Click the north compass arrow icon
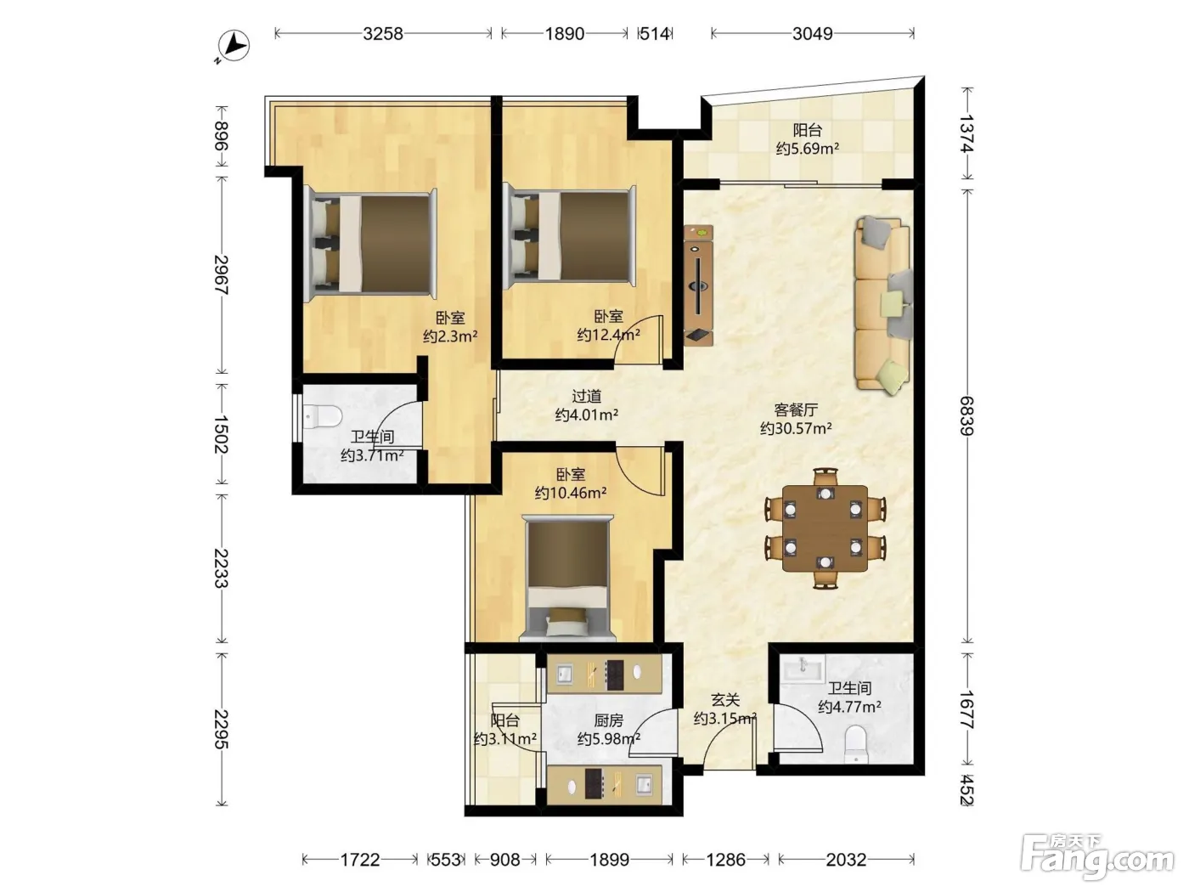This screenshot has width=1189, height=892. (x=234, y=46)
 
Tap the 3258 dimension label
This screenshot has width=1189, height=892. (x=383, y=34)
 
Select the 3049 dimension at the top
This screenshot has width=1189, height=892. (x=813, y=34)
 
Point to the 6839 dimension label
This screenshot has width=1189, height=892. (x=966, y=416)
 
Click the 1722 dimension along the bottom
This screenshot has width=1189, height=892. (x=360, y=860)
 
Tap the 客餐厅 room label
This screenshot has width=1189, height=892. (x=796, y=409)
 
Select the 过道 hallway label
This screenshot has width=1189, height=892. (x=587, y=397)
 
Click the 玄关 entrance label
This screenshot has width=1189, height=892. (x=725, y=700)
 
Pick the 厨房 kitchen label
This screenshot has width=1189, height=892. (x=609, y=720)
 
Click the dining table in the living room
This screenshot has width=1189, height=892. (x=825, y=528)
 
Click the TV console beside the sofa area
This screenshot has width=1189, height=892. (x=698, y=285)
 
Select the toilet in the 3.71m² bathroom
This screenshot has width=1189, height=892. (x=323, y=416)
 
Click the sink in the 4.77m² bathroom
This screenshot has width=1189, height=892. (x=803, y=667)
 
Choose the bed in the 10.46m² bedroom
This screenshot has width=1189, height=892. (x=567, y=578)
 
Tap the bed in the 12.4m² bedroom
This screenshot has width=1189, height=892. (x=570, y=237)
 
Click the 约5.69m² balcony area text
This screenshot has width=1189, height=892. (x=808, y=148)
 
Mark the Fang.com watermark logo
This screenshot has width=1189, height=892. (x=1097, y=858)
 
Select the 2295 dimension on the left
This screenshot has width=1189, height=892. (x=221, y=729)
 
